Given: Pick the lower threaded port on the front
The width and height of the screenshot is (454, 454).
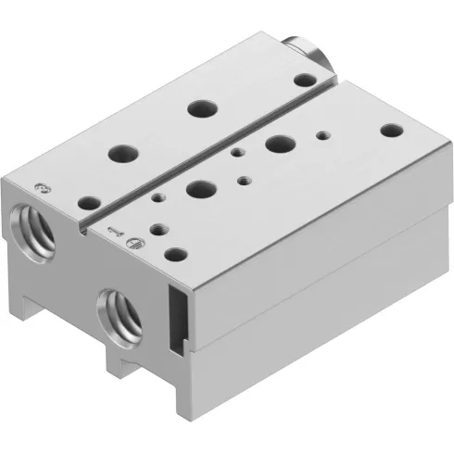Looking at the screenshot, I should pyautogui.click(x=121, y=312).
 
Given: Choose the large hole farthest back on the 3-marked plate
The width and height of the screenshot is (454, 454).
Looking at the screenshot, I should pyautogui.click(x=199, y=108).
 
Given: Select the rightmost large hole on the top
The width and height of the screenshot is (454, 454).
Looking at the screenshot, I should pyautogui.click(x=277, y=144).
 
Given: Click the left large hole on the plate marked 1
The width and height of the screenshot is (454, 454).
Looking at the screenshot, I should pyautogui.click(x=197, y=189).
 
